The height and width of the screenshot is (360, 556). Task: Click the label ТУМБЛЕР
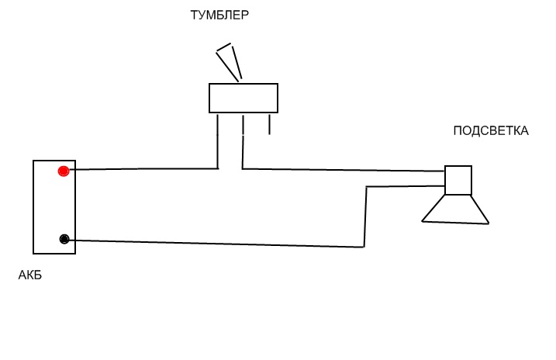tap(219, 15)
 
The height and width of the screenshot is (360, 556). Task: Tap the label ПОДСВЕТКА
tap(491, 131)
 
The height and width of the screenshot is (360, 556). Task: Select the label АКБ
tap(30, 275)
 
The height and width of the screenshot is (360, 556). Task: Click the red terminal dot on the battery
tap(64, 171)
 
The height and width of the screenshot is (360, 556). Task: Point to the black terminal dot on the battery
tap(64, 239)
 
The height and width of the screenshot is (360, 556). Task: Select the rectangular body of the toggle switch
tap(243, 99)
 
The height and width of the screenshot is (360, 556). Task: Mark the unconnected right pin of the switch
tap(269, 124)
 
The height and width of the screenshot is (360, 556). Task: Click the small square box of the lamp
tap(458, 180)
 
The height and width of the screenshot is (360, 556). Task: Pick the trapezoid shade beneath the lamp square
tap(456, 210)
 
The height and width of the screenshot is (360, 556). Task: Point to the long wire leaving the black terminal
tap(217, 244)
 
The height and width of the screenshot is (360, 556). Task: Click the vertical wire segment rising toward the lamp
tap(365, 217)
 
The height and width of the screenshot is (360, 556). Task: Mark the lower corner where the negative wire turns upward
tap(364, 247)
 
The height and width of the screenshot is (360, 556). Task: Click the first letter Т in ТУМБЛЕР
tap(195, 15)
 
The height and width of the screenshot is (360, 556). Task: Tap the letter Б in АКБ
tap(38, 275)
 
